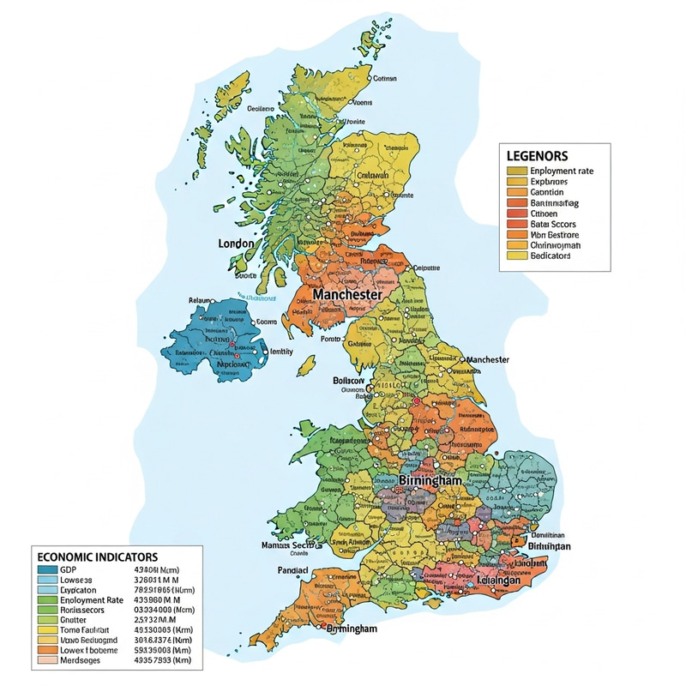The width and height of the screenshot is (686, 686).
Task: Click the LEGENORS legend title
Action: pos(538,156)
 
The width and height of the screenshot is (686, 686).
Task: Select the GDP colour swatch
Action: pos(46,569)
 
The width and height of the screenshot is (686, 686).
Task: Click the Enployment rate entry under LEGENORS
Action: pos(562,171)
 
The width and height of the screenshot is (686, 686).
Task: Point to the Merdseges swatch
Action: pos(46,659)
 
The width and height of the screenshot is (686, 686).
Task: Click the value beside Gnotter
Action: pos(154,619)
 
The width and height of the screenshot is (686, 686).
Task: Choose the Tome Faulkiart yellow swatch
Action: pos(46,629)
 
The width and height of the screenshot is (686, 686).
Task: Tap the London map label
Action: pos(237,244)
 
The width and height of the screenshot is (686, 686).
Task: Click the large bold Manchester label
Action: pos(347,294)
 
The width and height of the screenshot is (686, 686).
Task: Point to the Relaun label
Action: pos(199,301)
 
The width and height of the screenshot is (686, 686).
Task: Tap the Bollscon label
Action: pos(348,380)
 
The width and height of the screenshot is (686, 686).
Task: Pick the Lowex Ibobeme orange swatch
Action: pos(46,649)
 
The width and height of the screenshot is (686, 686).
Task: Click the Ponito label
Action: pos(330,340)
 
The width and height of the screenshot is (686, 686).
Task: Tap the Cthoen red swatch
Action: pos(514,214)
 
